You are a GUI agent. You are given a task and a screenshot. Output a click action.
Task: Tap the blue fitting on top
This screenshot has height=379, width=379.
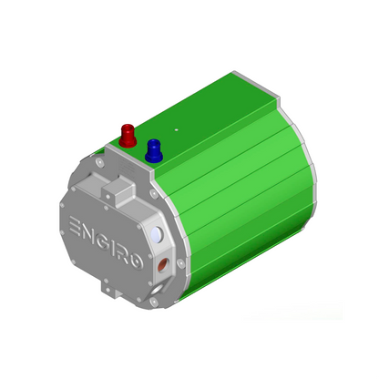pyautogui.click(x=153, y=149)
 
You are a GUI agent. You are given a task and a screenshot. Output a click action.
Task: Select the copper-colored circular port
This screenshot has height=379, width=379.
pyautogui.click(x=162, y=266)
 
